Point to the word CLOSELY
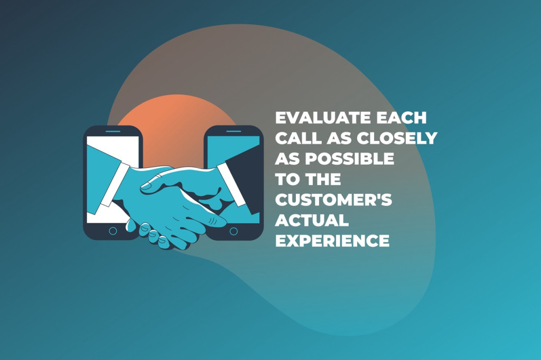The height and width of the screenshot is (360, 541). pos(397,138)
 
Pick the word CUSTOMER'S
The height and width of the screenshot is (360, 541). pos(334,200)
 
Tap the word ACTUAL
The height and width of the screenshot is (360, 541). pos(312,220)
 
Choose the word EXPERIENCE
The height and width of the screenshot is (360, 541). pos(332,240)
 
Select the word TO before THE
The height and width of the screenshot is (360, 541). pos(286,179)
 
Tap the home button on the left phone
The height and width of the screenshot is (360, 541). pos(113,231)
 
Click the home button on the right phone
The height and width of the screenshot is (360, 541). pos(234,231)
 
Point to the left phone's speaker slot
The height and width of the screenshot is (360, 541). pos(113,131)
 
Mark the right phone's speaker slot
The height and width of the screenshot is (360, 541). pos(234,131)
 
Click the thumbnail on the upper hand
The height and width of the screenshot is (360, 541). pos(146,186)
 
